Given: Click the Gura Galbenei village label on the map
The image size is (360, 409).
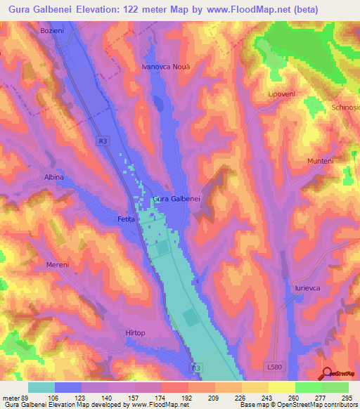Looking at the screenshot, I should tap(177, 199).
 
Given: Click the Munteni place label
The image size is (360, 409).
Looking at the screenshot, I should tap(320, 161).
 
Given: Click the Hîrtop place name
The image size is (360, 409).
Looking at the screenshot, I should tap(136, 332).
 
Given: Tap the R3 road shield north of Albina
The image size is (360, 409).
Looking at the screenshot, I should tap(104, 141).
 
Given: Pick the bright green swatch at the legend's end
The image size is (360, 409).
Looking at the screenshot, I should tap(335, 387).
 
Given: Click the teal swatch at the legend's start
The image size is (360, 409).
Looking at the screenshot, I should tap(41, 387).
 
